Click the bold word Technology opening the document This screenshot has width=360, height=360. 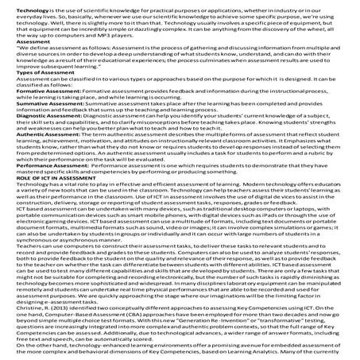pyautogui.click(x=18, y=6)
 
